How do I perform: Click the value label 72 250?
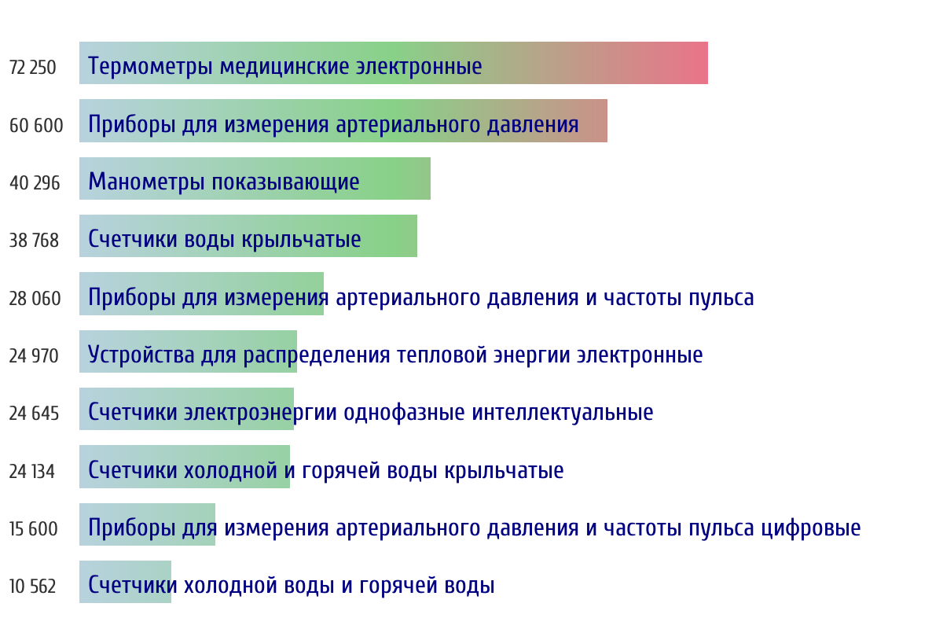coord(32,68)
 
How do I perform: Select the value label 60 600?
coord(36,126)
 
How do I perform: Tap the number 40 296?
coord(35,183)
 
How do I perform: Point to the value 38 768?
coord(34,241)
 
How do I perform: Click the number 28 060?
coord(35,299)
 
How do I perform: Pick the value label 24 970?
coord(34,356)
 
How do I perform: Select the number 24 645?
coord(34,414)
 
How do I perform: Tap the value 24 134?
coord(32,472)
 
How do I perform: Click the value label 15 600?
coord(34,529)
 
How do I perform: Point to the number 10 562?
coord(32,587)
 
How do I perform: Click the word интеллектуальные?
coord(563,413)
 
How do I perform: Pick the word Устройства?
coord(141,355)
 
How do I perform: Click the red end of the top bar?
coord(706,63)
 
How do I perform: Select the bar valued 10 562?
coord(126,582)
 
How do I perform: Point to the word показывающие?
coord(285,182)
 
